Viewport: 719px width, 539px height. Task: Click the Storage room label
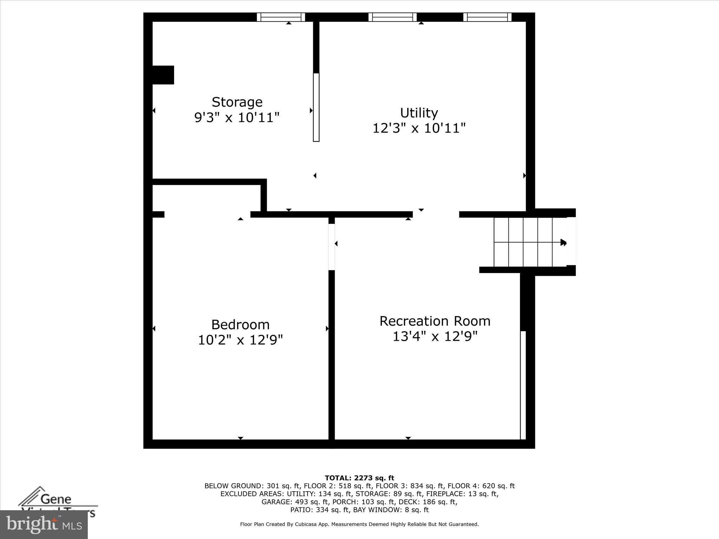pos(237,102)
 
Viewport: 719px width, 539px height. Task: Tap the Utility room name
pos(419,113)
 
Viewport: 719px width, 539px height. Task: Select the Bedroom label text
pos(240,325)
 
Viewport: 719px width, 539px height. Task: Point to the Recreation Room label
pos(435,321)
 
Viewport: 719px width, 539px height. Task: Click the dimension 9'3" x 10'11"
pos(237,118)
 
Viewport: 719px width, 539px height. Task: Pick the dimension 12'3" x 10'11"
pos(419,128)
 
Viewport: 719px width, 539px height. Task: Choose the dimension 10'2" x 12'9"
pos(240,340)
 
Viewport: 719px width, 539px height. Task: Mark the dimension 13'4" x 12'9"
pos(435,337)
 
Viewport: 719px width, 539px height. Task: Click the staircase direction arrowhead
pos(563,242)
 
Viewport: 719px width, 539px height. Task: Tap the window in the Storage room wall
pos(281,17)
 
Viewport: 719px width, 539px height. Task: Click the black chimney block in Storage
pos(163,75)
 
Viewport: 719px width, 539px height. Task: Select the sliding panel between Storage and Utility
pos(316,107)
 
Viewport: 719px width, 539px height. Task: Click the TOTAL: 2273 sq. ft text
pos(359,478)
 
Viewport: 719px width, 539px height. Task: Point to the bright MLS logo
pos(44,525)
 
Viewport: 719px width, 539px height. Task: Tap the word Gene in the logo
pos(56,499)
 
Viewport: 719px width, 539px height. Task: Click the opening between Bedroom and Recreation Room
pos(331,247)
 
